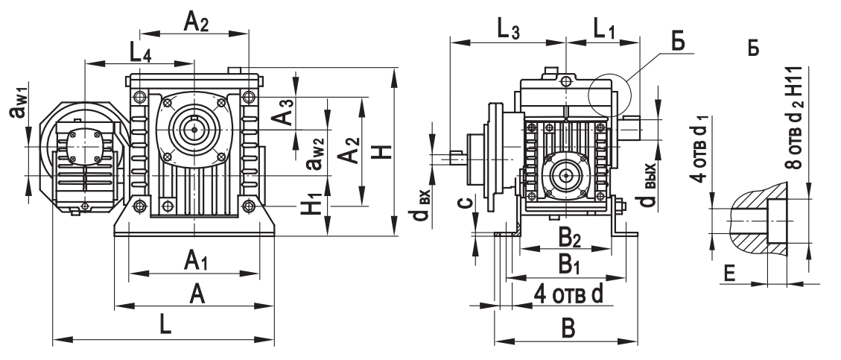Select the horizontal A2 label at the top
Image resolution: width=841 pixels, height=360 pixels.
(x=195, y=22)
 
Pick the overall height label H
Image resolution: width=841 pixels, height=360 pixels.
(x=381, y=152)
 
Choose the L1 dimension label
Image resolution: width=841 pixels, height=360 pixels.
(x=604, y=31)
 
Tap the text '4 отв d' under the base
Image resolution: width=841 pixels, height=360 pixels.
(x=568, y=293)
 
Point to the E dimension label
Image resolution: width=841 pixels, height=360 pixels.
(x=731, y=277)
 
